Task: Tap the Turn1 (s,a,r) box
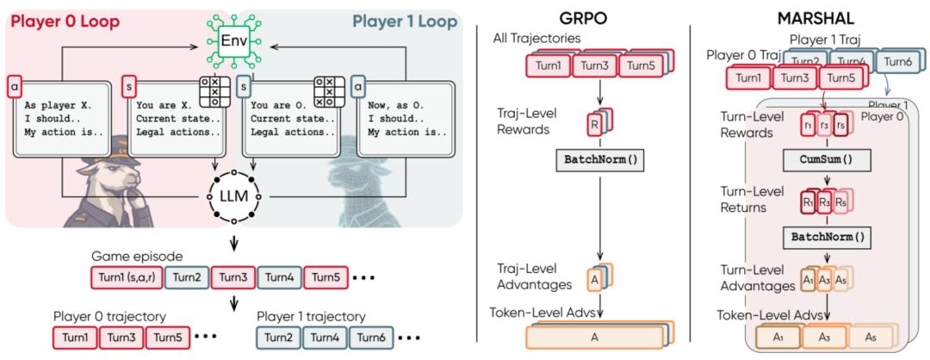(125, 277)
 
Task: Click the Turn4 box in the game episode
(274, 277)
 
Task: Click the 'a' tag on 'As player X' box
(13, 86)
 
